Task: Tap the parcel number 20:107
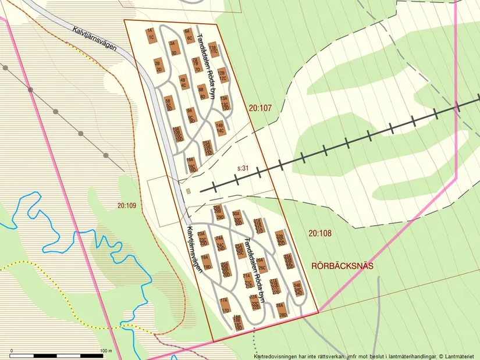[260, 108]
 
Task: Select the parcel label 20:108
[319, 233]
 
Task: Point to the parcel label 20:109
[126, 205]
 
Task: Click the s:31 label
[243, 168]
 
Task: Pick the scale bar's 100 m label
[106, 351]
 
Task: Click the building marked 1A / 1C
[150, 34]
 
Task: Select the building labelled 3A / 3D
[173, 47]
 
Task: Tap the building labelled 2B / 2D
[158, 65]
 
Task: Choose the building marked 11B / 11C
[213, 49]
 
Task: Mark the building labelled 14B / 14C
[219, 128]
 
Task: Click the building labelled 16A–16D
[191, 164]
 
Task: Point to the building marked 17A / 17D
[225, 305]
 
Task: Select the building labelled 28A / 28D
[282, 309]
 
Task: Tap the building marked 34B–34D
[297, 289]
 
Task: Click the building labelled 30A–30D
[236, 218]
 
